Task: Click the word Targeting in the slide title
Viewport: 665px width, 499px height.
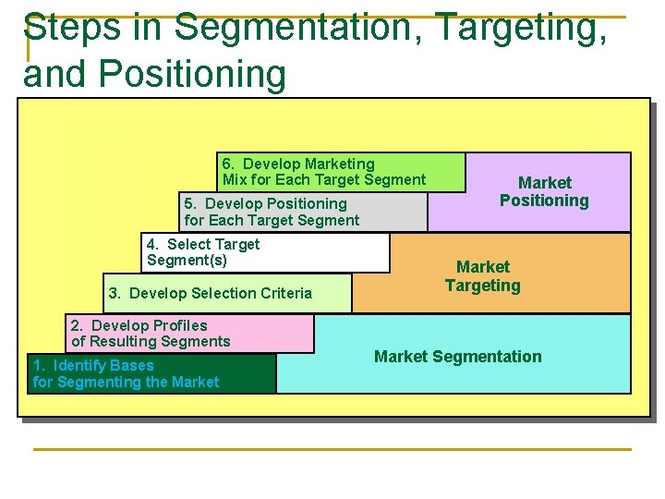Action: click(521, 28)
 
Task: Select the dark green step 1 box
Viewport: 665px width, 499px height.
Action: click(151, 374)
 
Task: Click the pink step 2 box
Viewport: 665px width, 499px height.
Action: click(189, 334)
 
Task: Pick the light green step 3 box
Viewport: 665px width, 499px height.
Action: click(227, 293)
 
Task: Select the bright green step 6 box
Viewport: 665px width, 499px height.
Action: click(341, 172)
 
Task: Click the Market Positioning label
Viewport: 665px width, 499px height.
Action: click(544, 191)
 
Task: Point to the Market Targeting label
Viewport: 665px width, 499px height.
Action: click(483, 276)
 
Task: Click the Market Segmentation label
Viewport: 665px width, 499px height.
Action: click(458, 357)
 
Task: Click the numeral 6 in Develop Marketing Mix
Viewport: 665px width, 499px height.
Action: click(227, 164)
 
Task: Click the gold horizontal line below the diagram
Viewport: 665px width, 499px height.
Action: click(332, 450)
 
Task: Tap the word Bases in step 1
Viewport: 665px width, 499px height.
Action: click(131, 366)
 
